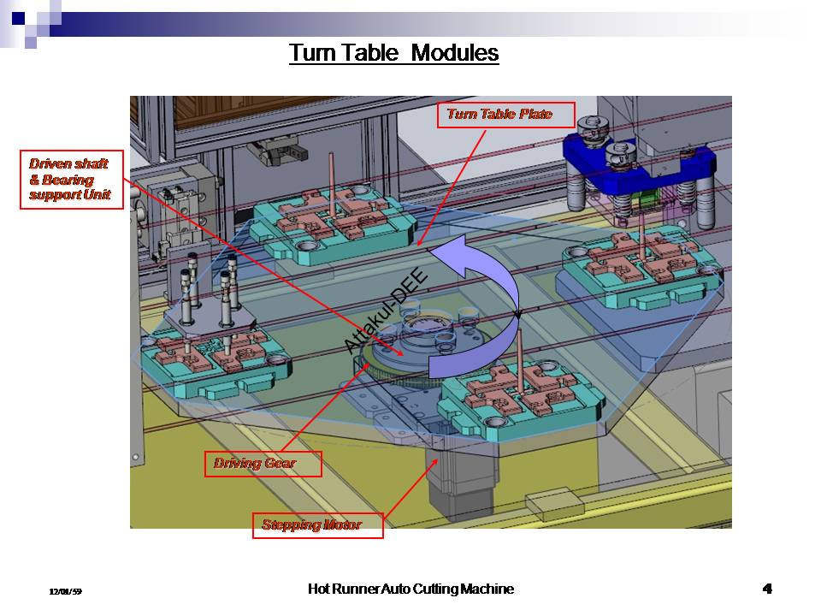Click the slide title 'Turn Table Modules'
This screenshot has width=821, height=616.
click(393, 53)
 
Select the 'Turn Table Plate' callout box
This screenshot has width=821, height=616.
click(505, 115)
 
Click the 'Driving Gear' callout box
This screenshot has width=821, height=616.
click(263, 464)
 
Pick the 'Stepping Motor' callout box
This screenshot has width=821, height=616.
click(317, 524)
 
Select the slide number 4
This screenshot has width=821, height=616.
click(767, 589)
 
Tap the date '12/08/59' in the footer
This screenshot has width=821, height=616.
click(65, 591)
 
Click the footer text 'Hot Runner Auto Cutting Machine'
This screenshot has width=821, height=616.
click(410, 589)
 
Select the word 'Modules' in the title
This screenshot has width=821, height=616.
click(454, 53)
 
